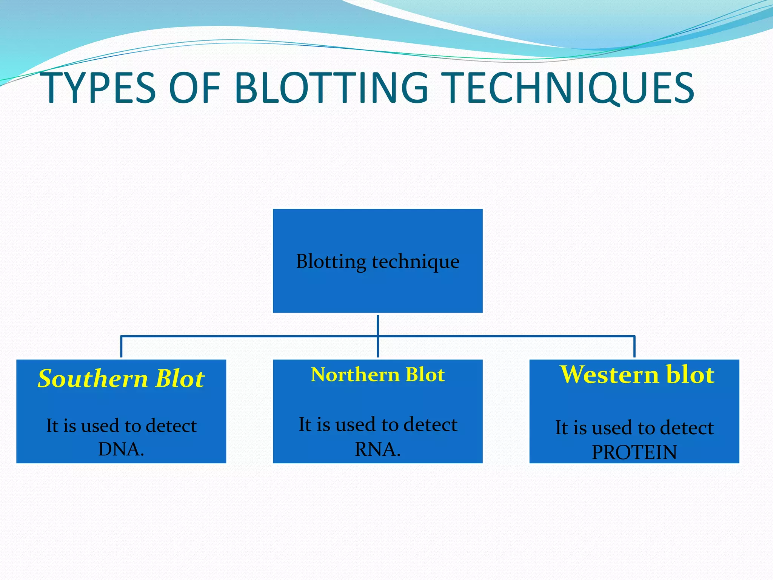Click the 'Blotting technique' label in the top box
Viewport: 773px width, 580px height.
(377, 261)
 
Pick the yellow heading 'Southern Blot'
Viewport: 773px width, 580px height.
(121, 378)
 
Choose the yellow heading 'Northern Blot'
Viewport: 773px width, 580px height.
(377, 375)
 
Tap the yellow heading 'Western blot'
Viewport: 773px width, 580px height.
(637, 375)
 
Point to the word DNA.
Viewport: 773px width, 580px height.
(121, 449)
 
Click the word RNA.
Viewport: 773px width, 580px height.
(377, 449)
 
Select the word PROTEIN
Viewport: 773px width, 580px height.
(634, 452)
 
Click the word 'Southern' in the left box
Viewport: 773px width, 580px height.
(93, 378)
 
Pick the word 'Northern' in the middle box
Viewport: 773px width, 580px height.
(355, 375)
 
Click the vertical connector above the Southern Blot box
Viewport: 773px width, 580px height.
(121, 346)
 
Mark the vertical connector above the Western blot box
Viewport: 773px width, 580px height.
(634, 346)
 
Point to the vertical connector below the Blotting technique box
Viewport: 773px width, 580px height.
(378, 325)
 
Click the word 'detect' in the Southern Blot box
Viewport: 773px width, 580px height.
(171, 426)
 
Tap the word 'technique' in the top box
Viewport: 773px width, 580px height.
(416, 261)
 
